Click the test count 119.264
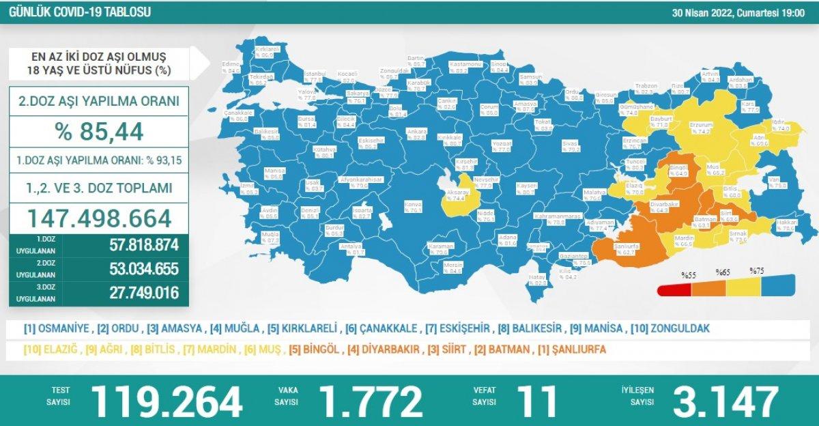click(167, 401)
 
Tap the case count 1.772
click(374, 401)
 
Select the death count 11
click(536, 401)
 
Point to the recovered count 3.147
click(725, 401)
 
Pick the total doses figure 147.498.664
click(98, 218)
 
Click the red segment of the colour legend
click(676, 289)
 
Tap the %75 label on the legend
click(756, 271)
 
